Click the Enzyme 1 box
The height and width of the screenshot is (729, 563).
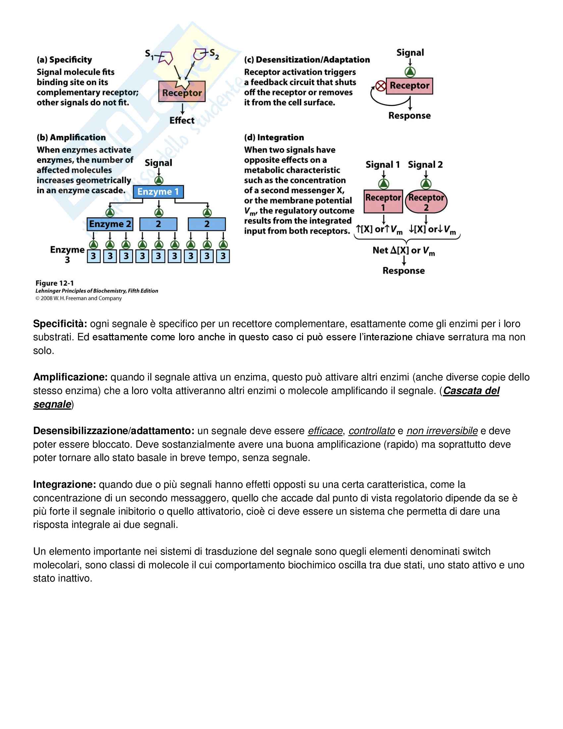158,192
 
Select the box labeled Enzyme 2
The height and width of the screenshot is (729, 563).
110,224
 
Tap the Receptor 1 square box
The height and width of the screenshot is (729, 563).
383,201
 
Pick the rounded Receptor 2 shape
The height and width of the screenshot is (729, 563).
426,202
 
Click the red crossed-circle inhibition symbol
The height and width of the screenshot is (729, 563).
381,86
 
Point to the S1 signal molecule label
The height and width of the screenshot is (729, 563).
149,54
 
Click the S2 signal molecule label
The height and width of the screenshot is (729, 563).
214,54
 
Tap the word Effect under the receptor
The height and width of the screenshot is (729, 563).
182,120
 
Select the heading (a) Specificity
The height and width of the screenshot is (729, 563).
64,60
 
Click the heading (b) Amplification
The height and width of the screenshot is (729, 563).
71,138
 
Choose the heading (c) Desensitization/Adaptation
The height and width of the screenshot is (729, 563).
307,60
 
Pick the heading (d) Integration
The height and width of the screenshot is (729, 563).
274,138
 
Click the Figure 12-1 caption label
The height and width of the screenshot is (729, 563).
55,283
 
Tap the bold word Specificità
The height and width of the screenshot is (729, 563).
60,324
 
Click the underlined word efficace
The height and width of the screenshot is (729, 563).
325,431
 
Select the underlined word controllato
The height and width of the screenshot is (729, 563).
372,431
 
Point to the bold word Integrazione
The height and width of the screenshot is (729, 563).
65,484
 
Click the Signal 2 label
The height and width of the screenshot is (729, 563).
425,165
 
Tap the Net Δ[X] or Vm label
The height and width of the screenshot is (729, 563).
404,251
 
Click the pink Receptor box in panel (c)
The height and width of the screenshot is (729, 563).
409,86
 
